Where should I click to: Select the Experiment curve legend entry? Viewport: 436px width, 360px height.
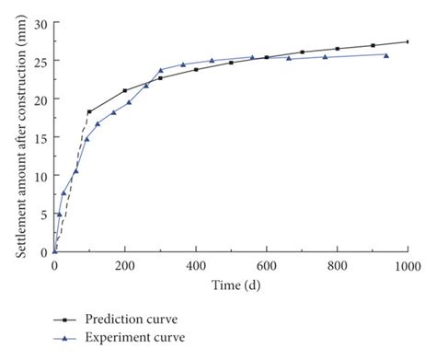click(128, 337)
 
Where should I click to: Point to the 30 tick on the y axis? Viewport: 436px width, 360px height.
click(40, 21)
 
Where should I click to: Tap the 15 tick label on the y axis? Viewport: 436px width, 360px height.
click(40, 136)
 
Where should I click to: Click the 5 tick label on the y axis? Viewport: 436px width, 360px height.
click(43, 214)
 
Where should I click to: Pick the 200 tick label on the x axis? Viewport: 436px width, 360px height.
click(125, 266)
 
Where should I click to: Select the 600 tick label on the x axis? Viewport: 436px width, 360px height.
click(267, 266)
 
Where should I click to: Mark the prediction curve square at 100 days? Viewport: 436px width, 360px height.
click(89, 111)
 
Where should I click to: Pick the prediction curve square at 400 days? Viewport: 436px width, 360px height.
click(196, 69)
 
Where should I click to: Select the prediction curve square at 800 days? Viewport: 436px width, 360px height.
click(337, 49)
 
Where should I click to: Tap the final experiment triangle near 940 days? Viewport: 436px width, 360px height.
click(385, 55)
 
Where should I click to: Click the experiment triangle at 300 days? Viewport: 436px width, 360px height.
click(160, 70)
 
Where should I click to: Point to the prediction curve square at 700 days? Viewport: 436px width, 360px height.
click(302, 52)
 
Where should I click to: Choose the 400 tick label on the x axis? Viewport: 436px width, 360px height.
click(196, 266)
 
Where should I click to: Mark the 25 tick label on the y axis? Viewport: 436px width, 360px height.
click(40, 60)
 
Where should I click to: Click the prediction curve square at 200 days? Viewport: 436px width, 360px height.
click(125, 90)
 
